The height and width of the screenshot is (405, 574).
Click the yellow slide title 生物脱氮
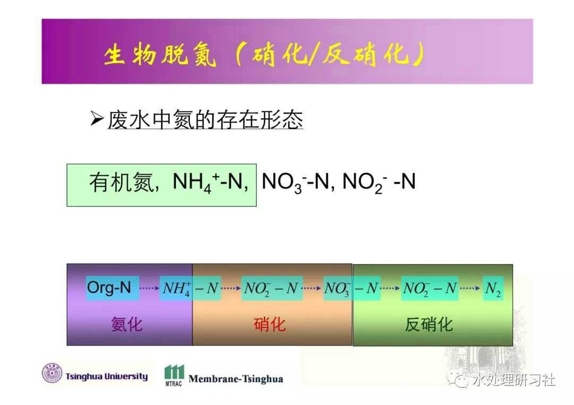coord(160,55)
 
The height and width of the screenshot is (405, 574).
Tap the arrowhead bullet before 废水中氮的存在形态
coord(97,119)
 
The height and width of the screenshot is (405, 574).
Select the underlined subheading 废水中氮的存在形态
coord(205,119)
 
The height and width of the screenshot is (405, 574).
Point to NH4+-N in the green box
coord(207,182)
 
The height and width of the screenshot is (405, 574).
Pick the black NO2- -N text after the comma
coord(379,182)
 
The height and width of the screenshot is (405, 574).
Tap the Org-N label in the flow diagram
coord(109,288)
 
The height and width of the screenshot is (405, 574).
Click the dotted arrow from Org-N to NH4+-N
coord(149,288)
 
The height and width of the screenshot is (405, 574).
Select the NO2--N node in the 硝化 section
coord(271,288)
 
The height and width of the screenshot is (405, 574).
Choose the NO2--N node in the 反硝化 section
coord(430,288)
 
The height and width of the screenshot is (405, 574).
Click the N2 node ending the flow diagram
coord(493,288)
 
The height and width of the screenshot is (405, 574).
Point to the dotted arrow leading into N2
coord(470,288)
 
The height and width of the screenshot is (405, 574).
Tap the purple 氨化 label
coord(126,324)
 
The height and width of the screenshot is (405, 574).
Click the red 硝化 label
coord(269,324)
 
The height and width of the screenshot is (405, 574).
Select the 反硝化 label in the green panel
coord(429,324)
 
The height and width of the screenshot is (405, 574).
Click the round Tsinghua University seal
coord(52,373)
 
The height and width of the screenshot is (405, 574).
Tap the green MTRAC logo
coord(174,375)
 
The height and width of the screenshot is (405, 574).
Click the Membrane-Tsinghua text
coord(236,379)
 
